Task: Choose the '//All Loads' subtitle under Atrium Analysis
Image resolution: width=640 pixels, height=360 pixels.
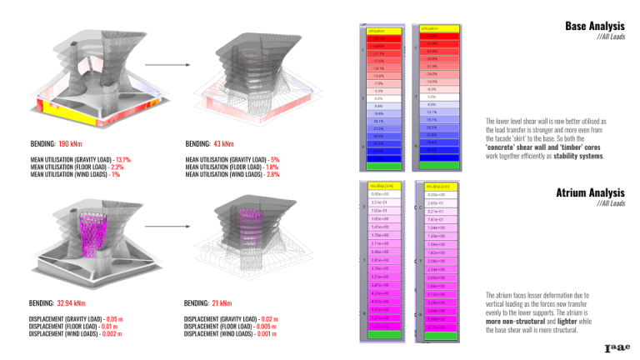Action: click(611, 203)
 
